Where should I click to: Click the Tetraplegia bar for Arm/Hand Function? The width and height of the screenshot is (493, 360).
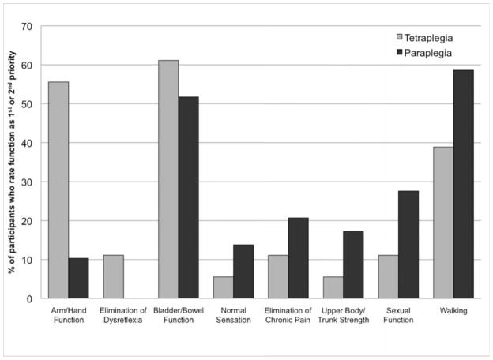pyautogui.click(x=58, y=190)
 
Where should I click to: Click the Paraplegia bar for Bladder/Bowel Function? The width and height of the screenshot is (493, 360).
pyautogui.click(x=188, y=197)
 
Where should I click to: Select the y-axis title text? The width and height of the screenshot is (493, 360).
pyautogui.click(x=13, y=162)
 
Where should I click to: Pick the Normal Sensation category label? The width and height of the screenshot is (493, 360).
pyautogui.click(x=233, y=315)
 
